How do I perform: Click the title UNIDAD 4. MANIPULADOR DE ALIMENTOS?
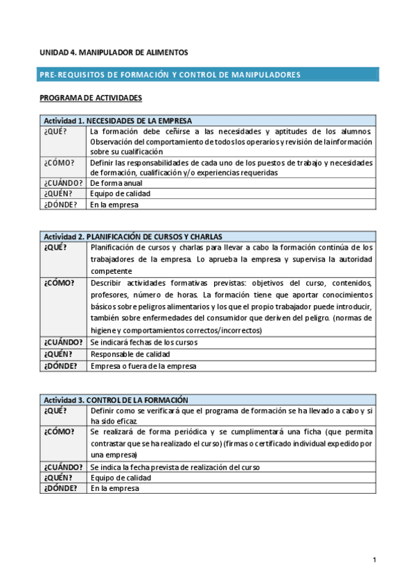(114, 52)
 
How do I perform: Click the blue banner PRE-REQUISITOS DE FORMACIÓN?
(170, 74)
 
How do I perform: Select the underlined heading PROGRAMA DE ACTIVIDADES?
(91, 98)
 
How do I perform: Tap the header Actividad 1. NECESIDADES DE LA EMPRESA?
(118, 120)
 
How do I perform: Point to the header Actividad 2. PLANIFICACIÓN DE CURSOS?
(133, 236)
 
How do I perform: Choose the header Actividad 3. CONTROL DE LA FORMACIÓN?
(116, 400)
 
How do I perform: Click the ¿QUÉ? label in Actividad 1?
(55, 131)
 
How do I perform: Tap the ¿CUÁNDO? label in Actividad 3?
(63, 467)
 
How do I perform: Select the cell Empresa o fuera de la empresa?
(143, 365)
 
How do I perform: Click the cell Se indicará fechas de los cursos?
(144, 342)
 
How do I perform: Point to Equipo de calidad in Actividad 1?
(120, 194)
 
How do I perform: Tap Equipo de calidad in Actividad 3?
(120, 478)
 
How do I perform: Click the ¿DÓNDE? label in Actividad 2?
(61, 365)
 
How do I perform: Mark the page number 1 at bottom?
(374, 560)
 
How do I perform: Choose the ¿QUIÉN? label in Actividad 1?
(58, 194)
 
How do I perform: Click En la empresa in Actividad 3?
(114, 488)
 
